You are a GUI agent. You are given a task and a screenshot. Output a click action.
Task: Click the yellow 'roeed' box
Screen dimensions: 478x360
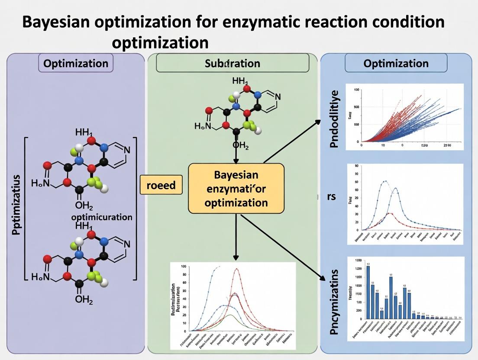coord(161,186)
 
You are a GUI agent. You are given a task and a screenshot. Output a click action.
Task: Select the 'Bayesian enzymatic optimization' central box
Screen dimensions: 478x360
coord(236,188)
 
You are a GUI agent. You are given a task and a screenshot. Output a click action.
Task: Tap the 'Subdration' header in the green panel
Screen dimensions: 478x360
coord(233,63)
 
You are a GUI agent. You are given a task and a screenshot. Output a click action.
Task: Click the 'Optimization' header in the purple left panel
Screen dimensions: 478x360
coord(76,63)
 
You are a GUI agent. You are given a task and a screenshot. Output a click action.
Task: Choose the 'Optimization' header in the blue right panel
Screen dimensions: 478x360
coord(396,63)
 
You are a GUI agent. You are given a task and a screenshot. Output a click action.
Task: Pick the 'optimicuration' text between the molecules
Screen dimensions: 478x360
coord(102,216)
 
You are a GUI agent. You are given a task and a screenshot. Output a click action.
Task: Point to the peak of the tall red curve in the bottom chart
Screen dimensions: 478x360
coord(236,269)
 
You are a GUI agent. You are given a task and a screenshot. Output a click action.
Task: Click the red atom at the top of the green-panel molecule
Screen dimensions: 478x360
coord(247,89)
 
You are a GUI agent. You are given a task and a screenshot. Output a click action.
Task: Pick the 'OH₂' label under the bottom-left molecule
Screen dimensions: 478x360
coord(84,299)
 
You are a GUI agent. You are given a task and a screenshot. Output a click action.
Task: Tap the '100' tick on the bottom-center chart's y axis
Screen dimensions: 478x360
coord(184,267)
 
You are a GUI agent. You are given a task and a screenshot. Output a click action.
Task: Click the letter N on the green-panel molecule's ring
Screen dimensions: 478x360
coord(278,97)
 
